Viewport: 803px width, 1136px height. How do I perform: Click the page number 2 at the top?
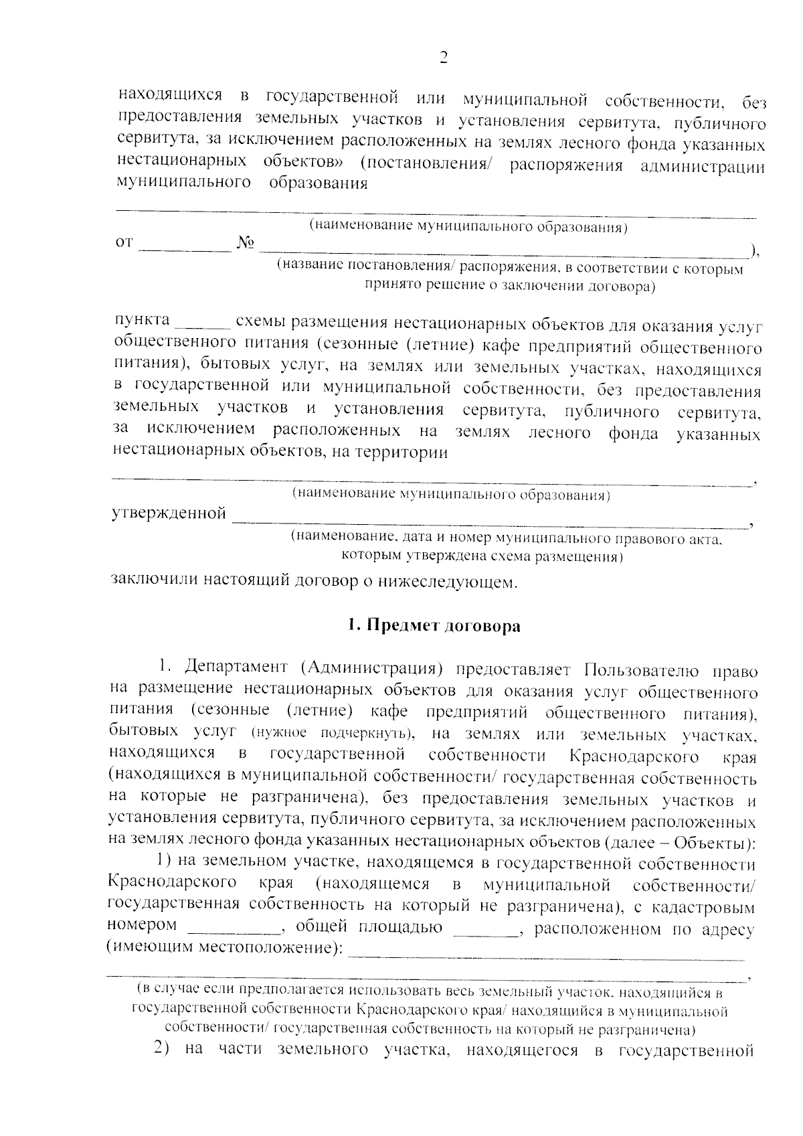442,58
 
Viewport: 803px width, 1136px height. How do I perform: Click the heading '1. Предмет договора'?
433,626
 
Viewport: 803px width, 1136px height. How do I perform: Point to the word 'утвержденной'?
168,514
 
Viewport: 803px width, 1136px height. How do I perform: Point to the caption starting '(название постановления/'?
510,269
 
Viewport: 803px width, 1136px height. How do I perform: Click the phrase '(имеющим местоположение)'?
226,949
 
